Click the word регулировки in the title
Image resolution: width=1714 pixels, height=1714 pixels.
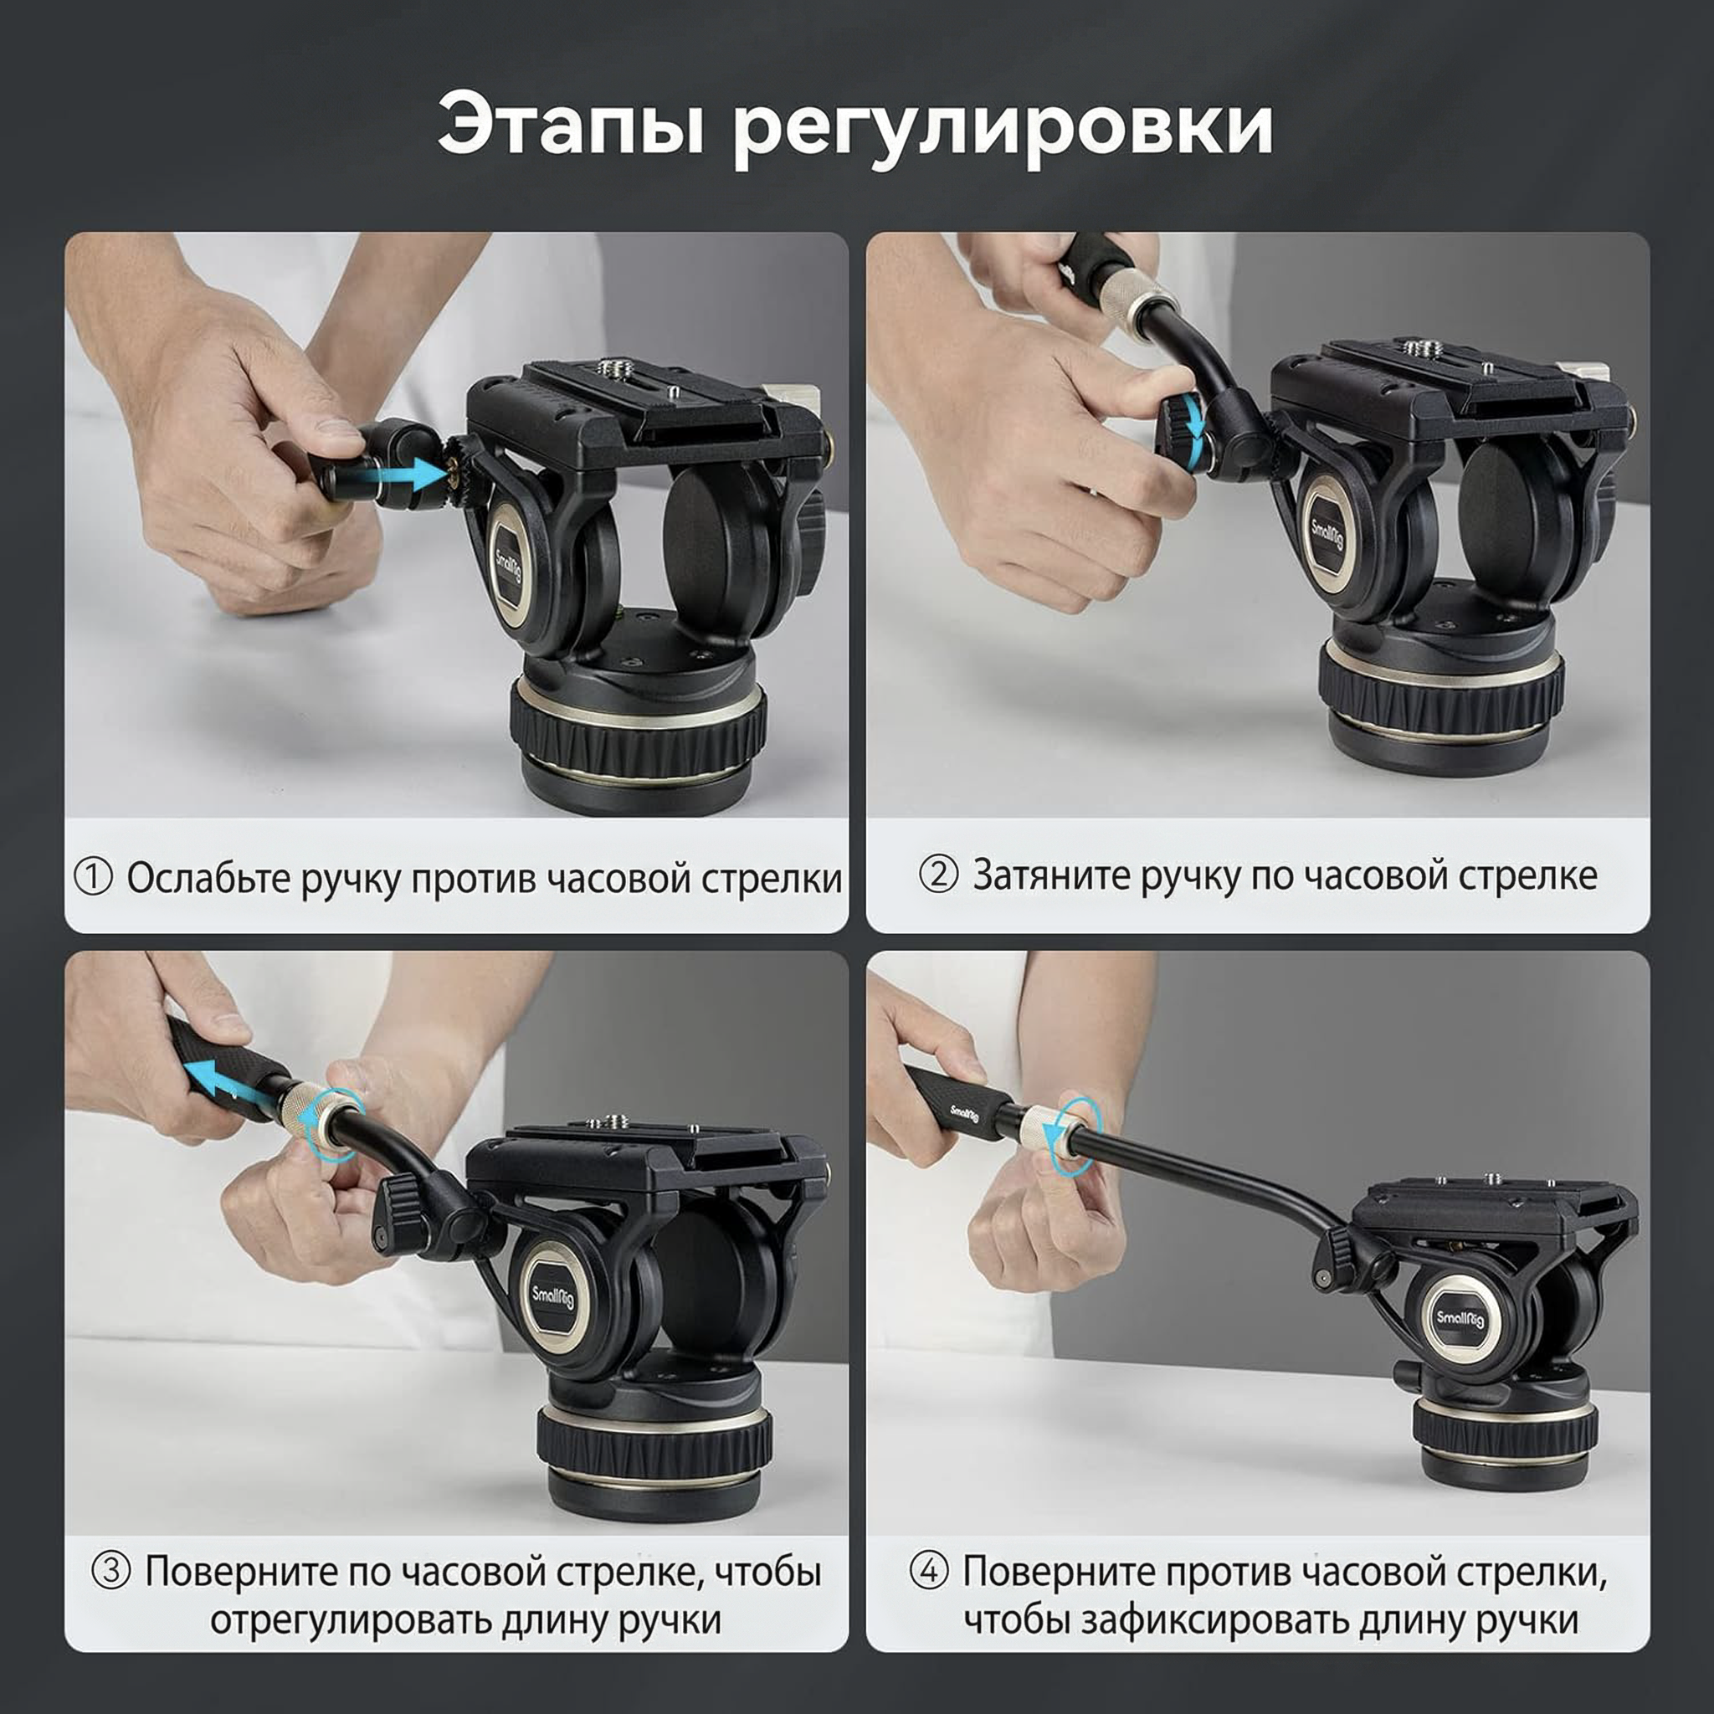(x=1003, y=130)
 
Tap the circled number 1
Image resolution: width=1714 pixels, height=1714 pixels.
(x=93, y=877)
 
